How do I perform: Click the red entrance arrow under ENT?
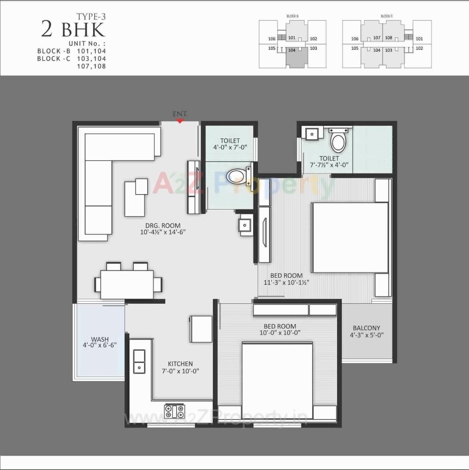coord(180,121)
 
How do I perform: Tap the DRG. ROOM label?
coord(163,226)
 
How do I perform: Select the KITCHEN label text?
coord(180,364)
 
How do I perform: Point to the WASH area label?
coord(100,339)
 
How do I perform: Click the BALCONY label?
coord(366,328)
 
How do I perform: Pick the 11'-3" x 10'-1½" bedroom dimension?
coord(287,282)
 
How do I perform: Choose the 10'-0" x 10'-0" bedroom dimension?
coord(280,333)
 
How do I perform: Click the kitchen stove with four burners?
coord(175,411)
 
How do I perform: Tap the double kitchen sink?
coord(139,361)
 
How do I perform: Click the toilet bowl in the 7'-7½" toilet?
coord(338,142)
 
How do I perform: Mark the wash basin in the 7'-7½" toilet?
coord(312,134)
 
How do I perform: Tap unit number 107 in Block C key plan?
coord(377,38)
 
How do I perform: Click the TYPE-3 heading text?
coord(91,16)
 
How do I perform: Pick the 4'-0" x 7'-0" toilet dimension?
coord(230,147)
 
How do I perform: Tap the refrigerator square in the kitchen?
coord(201,329)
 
